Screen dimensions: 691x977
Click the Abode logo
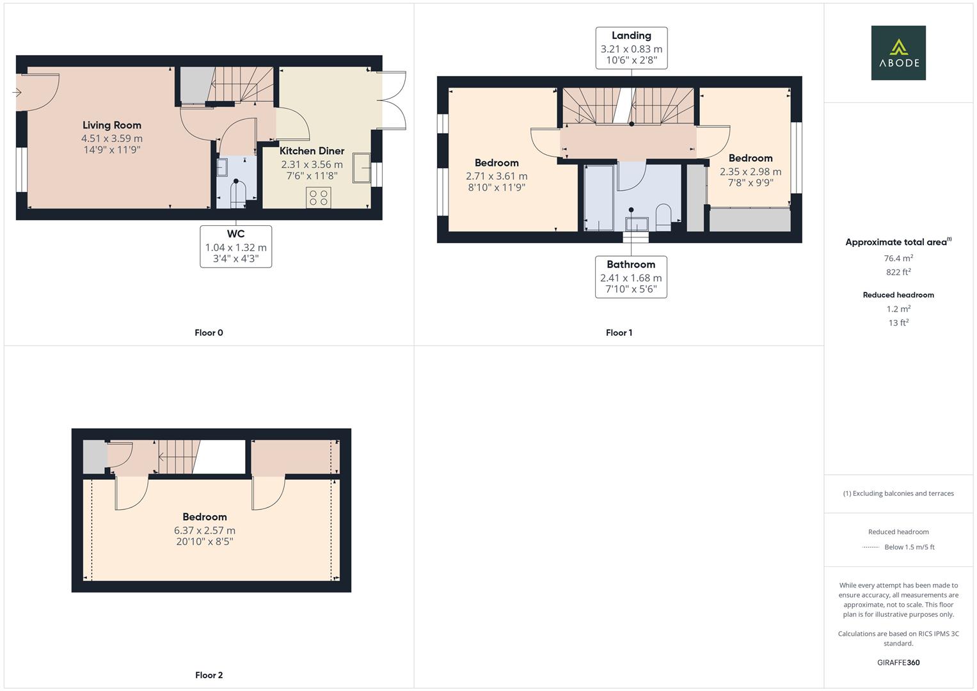[x=898, y=52]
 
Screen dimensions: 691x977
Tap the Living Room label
[x=112, y=125]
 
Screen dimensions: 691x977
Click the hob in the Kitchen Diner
[x=318, y=197]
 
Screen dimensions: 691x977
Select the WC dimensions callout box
[x=235, y=246]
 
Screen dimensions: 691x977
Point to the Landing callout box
[x=631, y=48]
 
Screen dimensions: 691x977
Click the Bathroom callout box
[x=631, y=277]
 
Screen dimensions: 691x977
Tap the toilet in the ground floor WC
[x=237, y=194]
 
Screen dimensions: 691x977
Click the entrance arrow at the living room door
[x=17, y=93]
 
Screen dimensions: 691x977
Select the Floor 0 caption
[x=209, y=333]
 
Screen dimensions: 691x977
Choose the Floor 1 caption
[x=619, y=333]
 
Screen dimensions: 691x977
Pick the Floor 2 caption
[x=209, y=675]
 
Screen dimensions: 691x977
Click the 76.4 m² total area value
[x=898, y=258]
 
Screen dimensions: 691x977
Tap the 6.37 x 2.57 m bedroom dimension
[x=205, y=530]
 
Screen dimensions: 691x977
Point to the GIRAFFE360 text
[x=898, y=663]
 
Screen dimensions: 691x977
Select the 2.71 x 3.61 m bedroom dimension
[x=496, y=176]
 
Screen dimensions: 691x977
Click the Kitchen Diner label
[x=312, y=151]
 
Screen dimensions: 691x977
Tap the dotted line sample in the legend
[x=871, y=547]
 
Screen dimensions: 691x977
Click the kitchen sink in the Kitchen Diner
[x=361, y=168]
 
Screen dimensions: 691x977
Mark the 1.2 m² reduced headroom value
[x=898, y=309]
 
